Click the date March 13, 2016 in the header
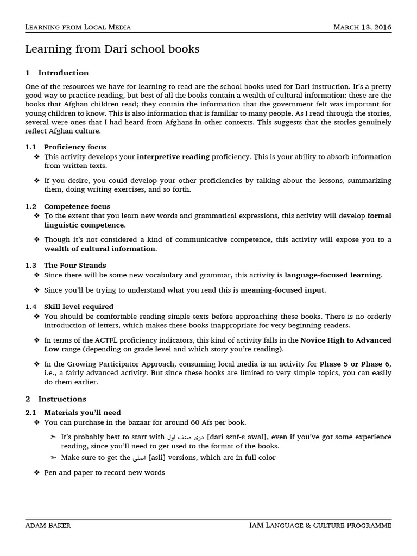pos(362,27)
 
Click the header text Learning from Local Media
pos(78,27)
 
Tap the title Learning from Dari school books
pos(112,49)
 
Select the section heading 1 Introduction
pos(57,73)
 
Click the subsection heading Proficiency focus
pos(75,147)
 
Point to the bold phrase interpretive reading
pos(173,157)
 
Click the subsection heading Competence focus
pos(77,206)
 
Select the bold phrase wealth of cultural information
pos(100,249)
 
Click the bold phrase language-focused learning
pos(332,275)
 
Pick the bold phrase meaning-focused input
pos(282,290)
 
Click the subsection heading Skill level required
pos(78,307)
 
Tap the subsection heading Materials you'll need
pos(82,413)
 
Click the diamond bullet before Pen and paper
pos(37,472)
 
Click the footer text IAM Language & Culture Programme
pos(320,525)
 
